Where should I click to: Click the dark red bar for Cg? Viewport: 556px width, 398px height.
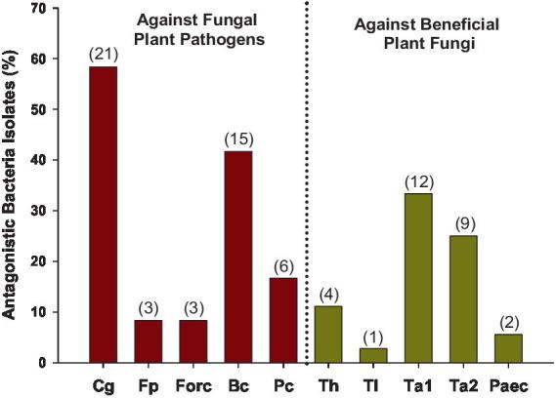[103, 215]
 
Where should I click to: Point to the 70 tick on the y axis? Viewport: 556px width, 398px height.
[38, 8]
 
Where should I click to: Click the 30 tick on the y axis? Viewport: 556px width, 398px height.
[38, 211]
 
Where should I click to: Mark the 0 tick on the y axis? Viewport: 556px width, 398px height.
[42, 363]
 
